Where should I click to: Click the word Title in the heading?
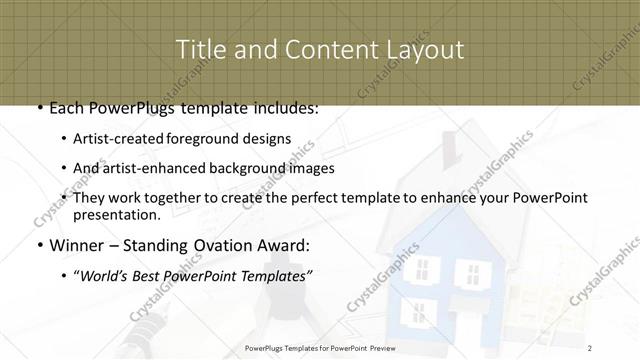tap(200, 49)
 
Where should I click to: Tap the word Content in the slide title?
tap(320, 49)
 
